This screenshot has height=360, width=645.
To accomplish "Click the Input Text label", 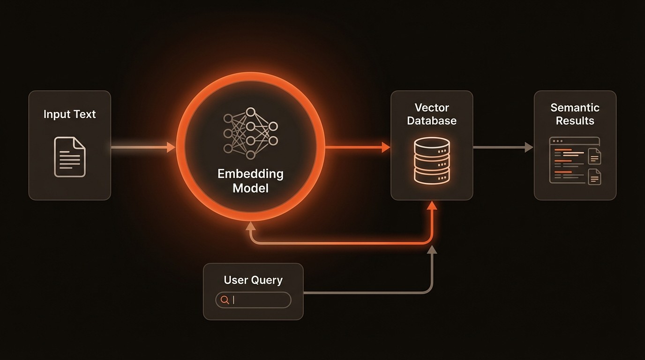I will point(69,114).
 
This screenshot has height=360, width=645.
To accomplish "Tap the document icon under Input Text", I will point(70,157).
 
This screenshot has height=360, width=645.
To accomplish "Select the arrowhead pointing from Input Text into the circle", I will point(171,147).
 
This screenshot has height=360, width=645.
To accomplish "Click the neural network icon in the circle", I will point(250,134).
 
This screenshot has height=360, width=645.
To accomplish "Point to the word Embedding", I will point(250,174).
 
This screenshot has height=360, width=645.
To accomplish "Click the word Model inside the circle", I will point(250,188).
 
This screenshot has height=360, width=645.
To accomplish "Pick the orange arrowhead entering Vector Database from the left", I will point(386,147).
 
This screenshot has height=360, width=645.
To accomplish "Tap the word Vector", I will point(432,108).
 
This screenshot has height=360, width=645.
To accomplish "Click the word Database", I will point(432,120).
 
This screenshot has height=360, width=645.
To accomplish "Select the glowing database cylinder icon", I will point(432,160).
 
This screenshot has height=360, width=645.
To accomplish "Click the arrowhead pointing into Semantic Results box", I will point(529,147).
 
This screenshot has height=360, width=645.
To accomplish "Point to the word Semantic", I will point(575,108).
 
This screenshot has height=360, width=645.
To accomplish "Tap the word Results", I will point(575,120).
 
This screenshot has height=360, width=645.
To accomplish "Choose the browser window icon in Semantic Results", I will point(575,160).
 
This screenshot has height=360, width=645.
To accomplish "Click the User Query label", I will point(253,280).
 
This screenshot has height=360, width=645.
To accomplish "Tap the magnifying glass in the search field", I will point(225,300).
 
